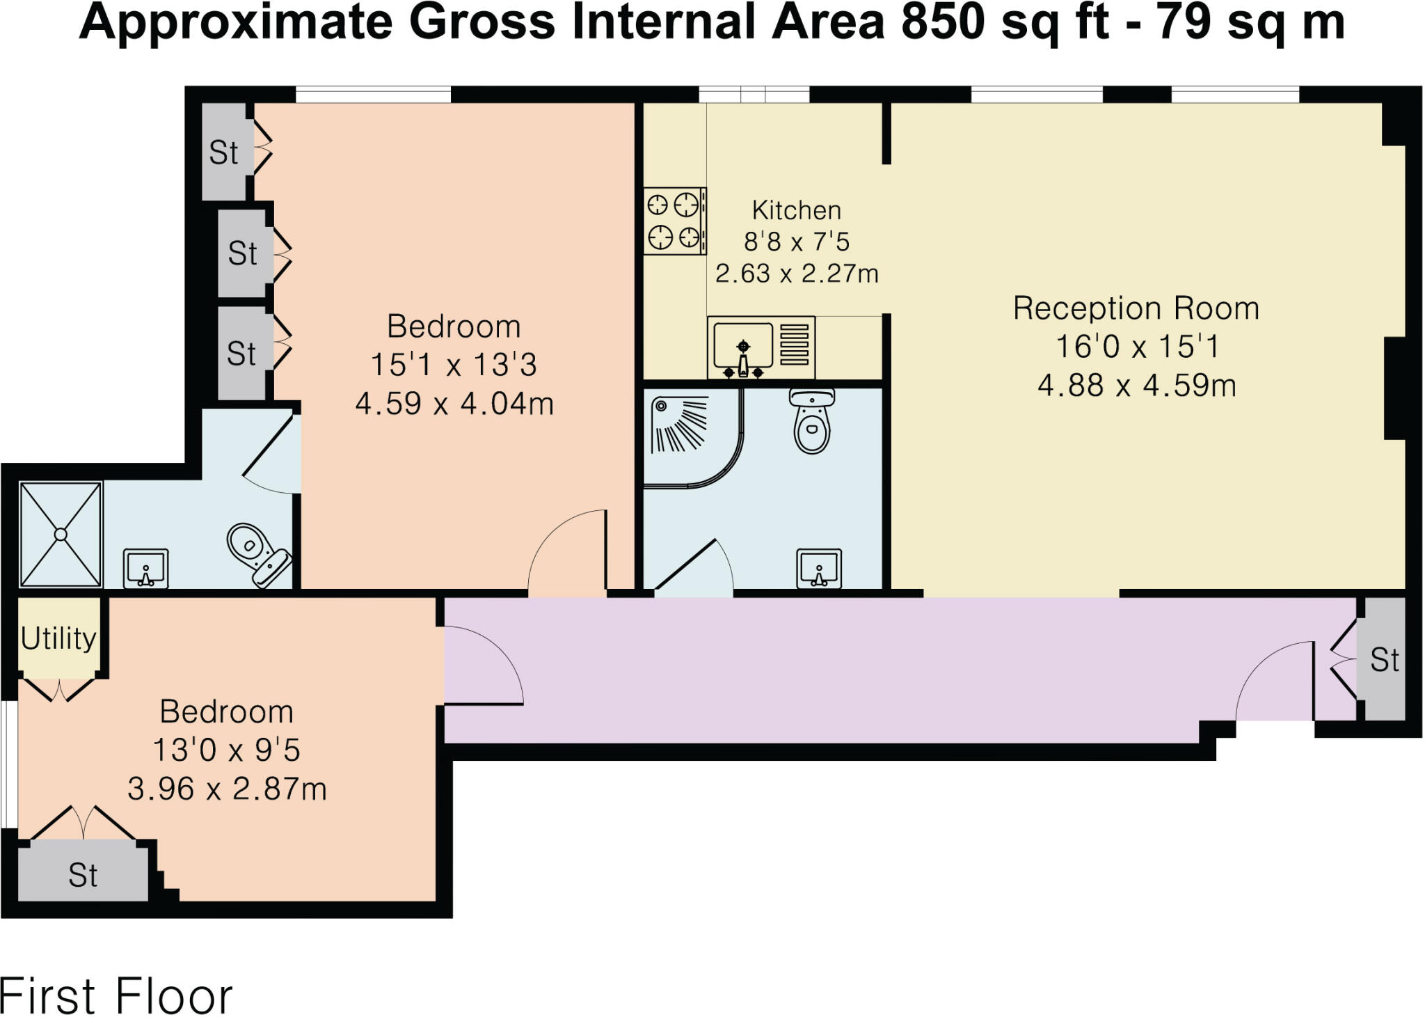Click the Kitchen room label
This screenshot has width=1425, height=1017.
click(x=796, y=210)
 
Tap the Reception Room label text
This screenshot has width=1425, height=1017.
click(x=1136, y=308)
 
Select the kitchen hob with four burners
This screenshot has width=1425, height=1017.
click(x=674, y=221)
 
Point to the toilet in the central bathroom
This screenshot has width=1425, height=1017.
click(x=812, y=421)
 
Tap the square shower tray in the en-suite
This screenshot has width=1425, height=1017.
click(x=61, y=534)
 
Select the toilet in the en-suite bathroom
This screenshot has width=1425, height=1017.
click(x=257, y=553)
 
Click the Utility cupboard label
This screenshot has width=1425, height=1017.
click(x=58, y=638)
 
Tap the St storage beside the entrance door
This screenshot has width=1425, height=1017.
click(x=1384, y=660)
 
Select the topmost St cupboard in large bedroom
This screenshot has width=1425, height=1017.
click(x=223, y=152)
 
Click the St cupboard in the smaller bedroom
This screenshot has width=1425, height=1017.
click(x=83, y=875)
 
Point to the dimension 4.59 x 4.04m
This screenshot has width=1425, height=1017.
click(x=454, y=404)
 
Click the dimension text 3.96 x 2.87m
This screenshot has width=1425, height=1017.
click(x=227, y=789)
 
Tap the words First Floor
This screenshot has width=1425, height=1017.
click(x=116, y=996)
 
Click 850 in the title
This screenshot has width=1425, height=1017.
click(x=942, y=22)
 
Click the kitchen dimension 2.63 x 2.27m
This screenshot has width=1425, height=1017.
click(x=796, y=274)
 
